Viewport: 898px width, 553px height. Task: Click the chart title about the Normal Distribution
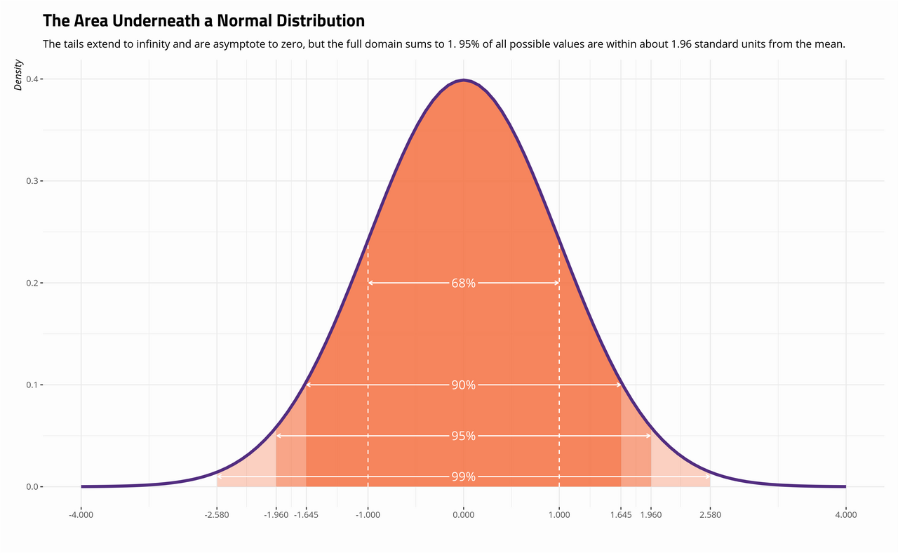pyautogui.click(x=203, y=21)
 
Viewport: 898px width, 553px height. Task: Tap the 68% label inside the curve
pyautogui.click(x=463, y=284)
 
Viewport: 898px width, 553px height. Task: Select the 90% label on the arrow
pyautogui.click(x=463, y=385)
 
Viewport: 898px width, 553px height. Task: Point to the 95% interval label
pyautogui.click(x=463, y=437)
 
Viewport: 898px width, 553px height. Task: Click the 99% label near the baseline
pyautogui.click(x=463, y=477)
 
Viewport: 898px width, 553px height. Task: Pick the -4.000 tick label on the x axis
pyautogui.click(x=81, y=516)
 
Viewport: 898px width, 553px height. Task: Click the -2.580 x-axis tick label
pyautogui.click(x=217, y=516)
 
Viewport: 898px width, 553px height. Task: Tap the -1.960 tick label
pyautogui.click(x=276, y=516)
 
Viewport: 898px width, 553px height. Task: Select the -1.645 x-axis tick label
pyautogui.click(x=306, y=516)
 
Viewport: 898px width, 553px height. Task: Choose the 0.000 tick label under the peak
pyautogui.click(x=463, y=516)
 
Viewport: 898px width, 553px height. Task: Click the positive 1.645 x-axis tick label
pyautogui.click(x=621, y=516)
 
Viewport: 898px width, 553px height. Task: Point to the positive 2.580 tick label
pyautogui.click(x=710, y=516)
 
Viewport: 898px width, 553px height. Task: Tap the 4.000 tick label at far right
pyautogui.click(x=845, y=516)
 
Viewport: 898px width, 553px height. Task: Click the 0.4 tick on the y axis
pyautogui.click(x=31, y=79)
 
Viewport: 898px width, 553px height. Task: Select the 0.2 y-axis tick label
pyautogui.click(x=31, y=283)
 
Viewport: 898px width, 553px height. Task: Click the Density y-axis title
pyautogui.click(x=19, y=75)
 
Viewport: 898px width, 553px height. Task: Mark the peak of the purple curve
pyautogui.click(x=463, y=81)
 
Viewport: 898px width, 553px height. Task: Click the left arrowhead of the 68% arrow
pyautogui.click(x=370, y=283)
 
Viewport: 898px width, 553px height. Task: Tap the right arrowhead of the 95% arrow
pyautogui.click(x=650, y=436)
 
